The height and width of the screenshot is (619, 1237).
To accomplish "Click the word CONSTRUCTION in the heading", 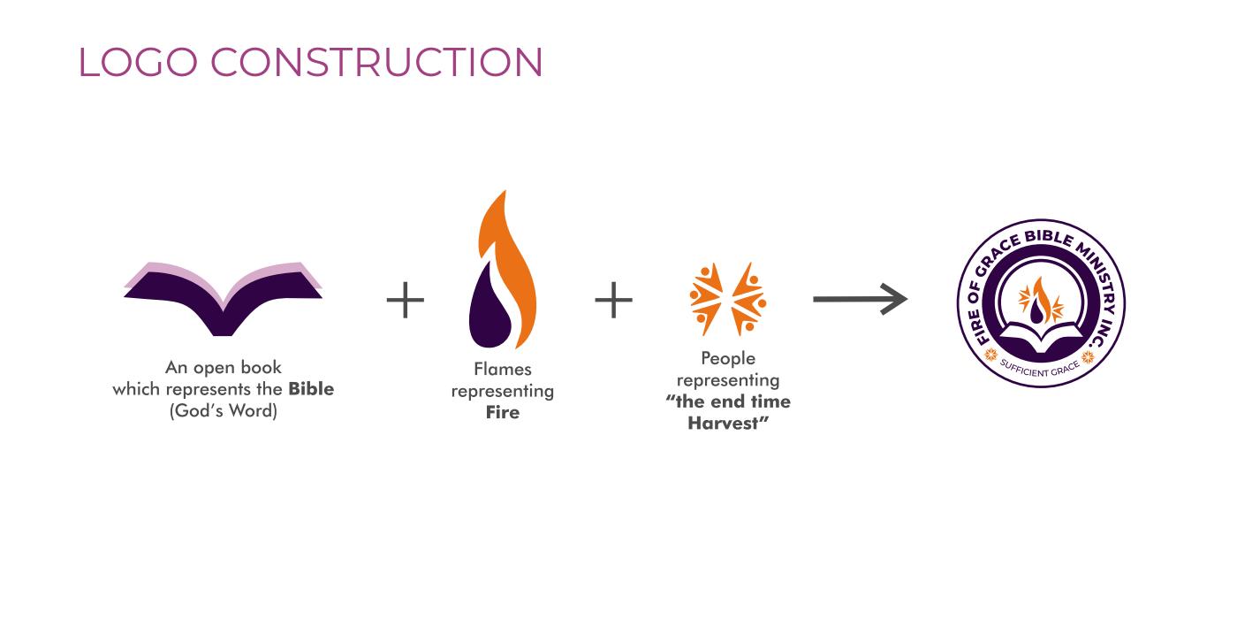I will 376,62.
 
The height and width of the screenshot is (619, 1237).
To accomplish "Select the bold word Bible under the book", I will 311,389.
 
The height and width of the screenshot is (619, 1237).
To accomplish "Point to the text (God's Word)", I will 223,411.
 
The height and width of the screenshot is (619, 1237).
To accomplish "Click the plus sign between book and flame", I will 406,300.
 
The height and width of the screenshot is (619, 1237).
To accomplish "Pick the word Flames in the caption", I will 503,369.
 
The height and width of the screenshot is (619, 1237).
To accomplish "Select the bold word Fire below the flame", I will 503,413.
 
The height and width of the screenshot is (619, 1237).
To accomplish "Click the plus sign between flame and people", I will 613,300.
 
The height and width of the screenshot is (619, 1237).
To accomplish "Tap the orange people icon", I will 727,298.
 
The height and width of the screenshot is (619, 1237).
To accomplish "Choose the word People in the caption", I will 728,358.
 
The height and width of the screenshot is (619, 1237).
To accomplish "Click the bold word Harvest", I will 725,424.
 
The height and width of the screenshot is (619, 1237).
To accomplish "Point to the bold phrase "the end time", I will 728,401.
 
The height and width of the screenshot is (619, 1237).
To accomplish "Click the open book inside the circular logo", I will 1041,337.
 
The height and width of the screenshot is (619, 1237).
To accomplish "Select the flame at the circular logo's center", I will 1039,301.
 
